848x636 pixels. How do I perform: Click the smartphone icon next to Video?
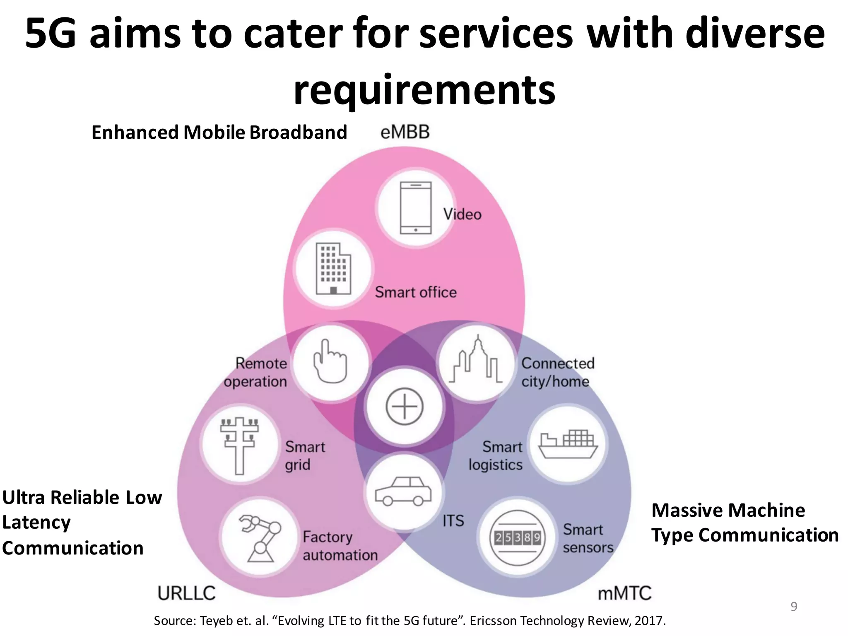[x=415, y=208]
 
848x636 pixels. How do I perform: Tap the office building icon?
[x=333, y=269]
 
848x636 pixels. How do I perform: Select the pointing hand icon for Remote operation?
[x=330, y=361]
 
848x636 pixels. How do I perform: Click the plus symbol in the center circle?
[x=404, y=406]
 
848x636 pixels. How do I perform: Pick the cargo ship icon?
[x=568, y=444]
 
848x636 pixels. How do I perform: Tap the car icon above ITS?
[x=403, y=491]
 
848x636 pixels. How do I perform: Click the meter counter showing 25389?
[x=517, y=538]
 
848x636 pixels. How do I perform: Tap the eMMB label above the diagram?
[x=405, y=132]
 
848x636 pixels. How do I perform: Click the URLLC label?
[x=187, y=593]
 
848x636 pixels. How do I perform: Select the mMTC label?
[x=624, y=593]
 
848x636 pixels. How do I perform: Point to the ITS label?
[x=453, y=521]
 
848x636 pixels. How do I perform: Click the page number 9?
[x=793, y=607]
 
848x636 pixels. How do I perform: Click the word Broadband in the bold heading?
[x=298, y=132]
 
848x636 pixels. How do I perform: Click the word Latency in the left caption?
[x=36, y=523]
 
